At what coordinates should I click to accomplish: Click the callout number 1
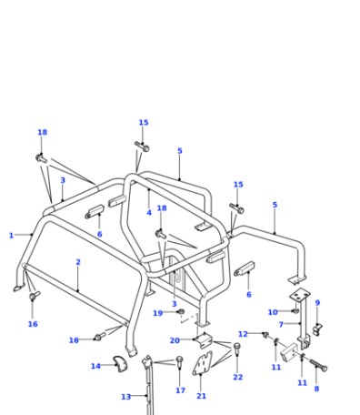(x=11, y=236)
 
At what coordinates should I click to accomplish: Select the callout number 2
(x=78, y=262)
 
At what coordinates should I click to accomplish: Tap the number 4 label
(x=149, y=213)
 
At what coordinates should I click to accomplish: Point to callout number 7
(x=281, y=325)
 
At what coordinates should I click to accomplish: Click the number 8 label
(x=316, y=389)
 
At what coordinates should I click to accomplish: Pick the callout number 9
(x=317, y=303)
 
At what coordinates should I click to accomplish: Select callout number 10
(x=273, y=312)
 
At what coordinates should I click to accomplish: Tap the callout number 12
(x=243, y=334)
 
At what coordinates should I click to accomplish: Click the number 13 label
(x=126, y=397)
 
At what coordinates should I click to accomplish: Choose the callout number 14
(x=95, y=366)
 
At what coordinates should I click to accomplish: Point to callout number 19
(x=158, y=313)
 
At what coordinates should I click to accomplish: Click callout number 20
(x=175, y=340)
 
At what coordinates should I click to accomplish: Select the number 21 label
(x=202, y=396)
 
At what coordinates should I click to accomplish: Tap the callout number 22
(x=238, y=377)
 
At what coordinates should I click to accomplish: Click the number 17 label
(x=181, y=390)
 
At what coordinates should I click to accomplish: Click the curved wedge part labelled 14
(x=121, y=364)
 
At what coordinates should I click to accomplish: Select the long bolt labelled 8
(x=318, y=365)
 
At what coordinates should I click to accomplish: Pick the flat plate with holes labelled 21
(x=203, y=363)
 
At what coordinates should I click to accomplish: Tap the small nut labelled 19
(x=182, y=311)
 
